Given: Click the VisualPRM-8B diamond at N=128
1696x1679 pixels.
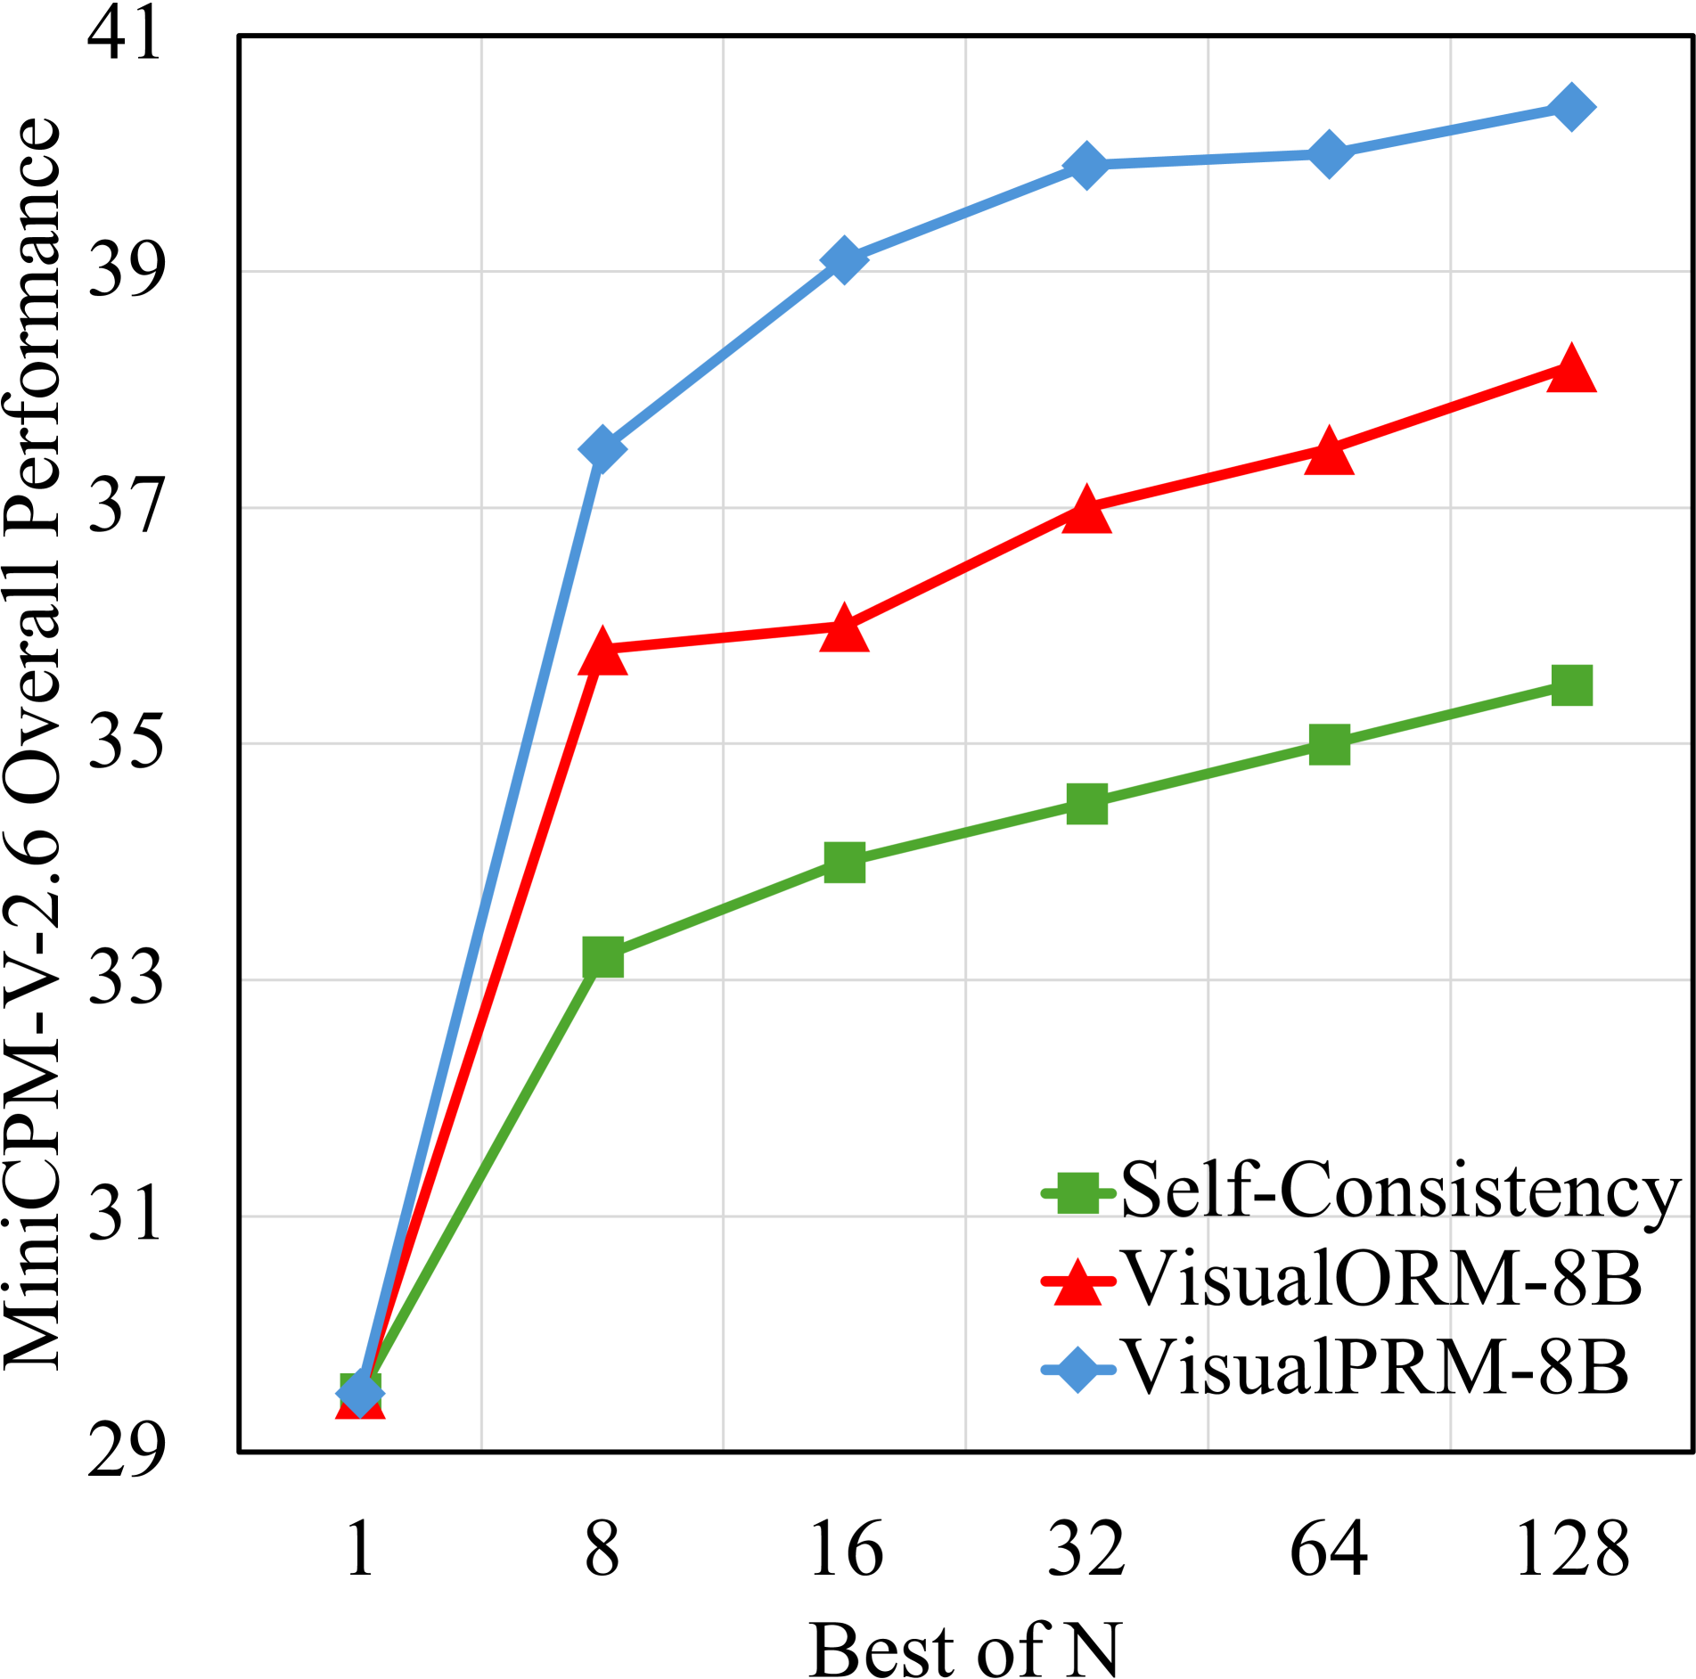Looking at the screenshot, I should pyautogui.click(x=1571, y=107).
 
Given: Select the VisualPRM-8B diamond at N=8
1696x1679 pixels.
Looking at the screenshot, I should pyautogui.click(x=602, y=448).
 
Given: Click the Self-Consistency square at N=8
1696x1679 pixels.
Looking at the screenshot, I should pyautogui.click(x=602, y=957).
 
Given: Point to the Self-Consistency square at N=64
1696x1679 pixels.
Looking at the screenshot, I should pyautogui.click(x=1329, y=744).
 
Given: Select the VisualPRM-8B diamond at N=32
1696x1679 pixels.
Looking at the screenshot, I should pyautogui.click(x=1086, y=165).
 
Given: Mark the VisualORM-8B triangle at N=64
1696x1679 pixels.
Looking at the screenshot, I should pyautogui.click(x=1329, y=451).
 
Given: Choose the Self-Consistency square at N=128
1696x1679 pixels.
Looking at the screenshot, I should pyautogui.click(x=1571, y=685).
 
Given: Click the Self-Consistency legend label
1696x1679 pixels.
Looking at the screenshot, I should pyautogui.click(x=1399, y=1191).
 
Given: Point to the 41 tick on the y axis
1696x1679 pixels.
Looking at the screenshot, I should pyautogui.click(x=126, y=36).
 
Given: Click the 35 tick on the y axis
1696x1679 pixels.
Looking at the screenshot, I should pyautogui.click(x=126, y=743).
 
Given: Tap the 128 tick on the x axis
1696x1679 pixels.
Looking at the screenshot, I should pyautogui.click(x=1571, y=1550).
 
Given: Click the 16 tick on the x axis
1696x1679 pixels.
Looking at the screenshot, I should pyautogui.click(x=844, y=1550).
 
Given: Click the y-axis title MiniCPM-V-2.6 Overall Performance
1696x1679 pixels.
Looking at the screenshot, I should pyautogui.click(x=32, y=743).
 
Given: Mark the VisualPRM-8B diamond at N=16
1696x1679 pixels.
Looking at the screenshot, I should pyautogui.click(x=844, y=260).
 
